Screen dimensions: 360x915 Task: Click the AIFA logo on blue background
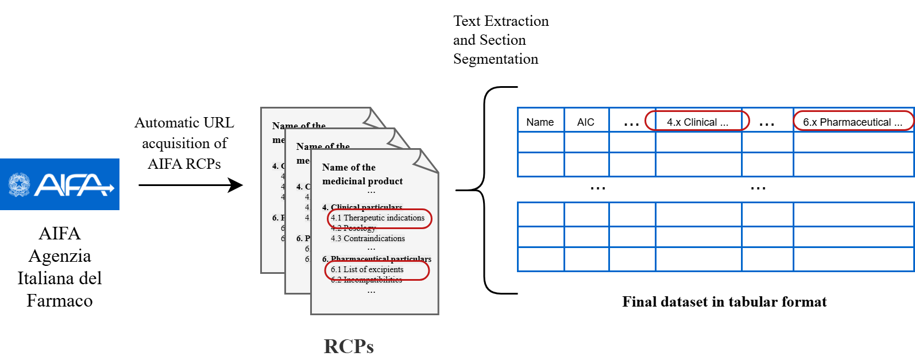tap(60, 184)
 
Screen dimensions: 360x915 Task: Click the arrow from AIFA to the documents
tap(190, 185)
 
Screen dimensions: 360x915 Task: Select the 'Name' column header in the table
tap(540, 122)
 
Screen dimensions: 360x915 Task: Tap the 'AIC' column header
tap(585, 122)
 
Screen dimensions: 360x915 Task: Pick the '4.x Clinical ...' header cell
tap(697, 122)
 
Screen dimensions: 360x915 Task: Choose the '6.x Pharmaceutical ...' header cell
tap(852, 122)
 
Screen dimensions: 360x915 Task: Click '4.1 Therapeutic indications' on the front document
tap(378, 218)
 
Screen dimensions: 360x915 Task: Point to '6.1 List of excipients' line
tap(368, 270)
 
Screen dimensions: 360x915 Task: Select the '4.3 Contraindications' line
tap(368, 239)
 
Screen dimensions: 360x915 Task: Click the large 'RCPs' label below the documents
tap(349, 346)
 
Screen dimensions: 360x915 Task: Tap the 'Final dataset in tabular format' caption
tap(724, 302)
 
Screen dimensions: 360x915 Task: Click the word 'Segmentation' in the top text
tap(496, 59)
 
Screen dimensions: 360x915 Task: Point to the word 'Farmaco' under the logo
tap(60, 301)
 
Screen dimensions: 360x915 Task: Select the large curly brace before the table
tap(485, 190)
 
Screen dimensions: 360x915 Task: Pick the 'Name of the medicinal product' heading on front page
tap(362, 174)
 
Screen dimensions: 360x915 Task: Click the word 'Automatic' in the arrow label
tap(159, 123)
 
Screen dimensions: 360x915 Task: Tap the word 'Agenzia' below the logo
tap(60, 256)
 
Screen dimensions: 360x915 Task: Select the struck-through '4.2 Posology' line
tap(353, 229)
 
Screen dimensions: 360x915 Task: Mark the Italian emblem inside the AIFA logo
tap(19, 185)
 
